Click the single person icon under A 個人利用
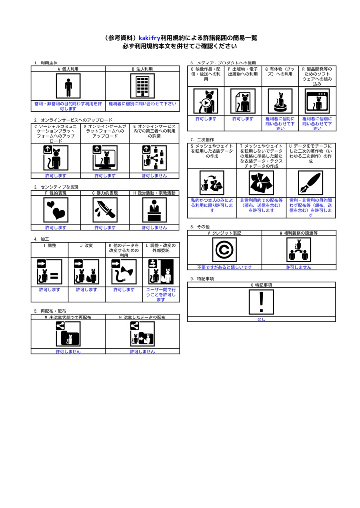pyautogui.click(x=68, y=87)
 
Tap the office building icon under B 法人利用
pyautogui.click(x=142, y=87)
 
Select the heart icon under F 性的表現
pyautogui.click(x=56, y=210)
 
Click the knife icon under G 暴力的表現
pyautogui.click(x=105, y=210)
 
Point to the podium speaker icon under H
pyautogui.click(x=154, y=210)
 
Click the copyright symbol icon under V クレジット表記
pyautogui.click(x=224, y=250)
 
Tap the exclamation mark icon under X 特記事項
pyautogui.click(x=261, y=302)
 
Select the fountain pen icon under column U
pyautogui.click(x=310, y=183)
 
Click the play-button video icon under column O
pyautogui.click(x=206, y=101)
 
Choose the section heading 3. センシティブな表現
pyautogui.click(x=56, y=187)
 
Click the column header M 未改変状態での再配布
pyautogui.click(x=68, y=317)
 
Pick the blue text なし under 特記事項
pyautogui.click(x=261, y=319)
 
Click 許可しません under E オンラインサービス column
pyautogui.click(x=154, y=175)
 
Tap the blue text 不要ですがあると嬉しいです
pyautogui.click(x=224, y=267)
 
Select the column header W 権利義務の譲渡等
pyautogui.click(x=298, y=233)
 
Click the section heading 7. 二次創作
pyautogui.click(x=202, y=140)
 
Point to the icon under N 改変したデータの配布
pyautogui.click(x=142, y=334)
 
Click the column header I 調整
pyautogui.click(x=50, y=245)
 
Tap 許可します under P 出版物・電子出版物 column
pyautogui.click(x=243, y=119)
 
